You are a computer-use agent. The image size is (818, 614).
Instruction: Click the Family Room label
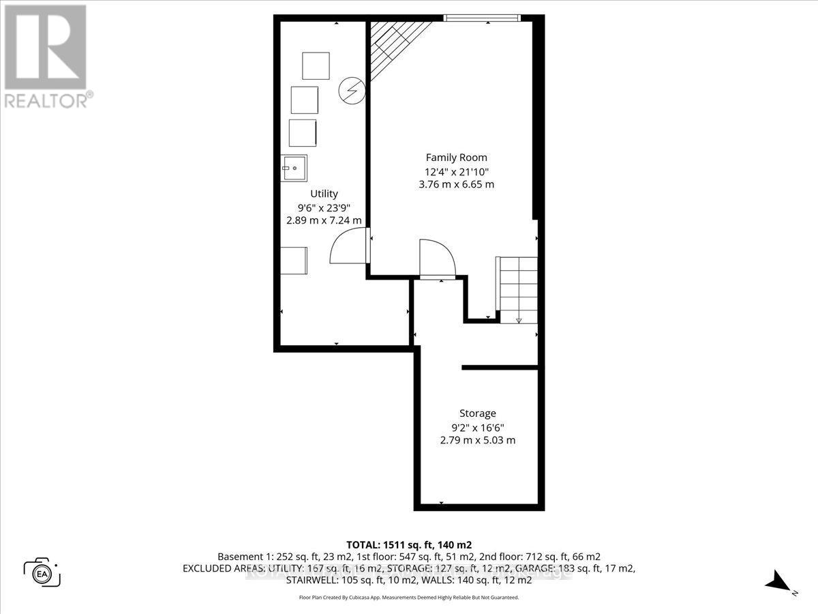pos(456,158)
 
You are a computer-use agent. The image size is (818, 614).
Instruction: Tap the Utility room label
pos(324,194)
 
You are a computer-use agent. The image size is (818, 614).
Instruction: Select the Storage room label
pos(477,413)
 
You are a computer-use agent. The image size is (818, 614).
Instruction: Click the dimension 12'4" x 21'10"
pos(456,171)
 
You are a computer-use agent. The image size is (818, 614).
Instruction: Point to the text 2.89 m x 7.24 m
pos(323,220)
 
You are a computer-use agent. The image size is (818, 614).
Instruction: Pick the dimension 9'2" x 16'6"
pos(477,427)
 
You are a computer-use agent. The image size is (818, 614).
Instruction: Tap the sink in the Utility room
pos(294,168)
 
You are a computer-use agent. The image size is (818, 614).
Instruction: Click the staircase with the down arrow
pos(517,289)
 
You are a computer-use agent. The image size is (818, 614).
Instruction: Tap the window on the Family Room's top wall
pos(483,18)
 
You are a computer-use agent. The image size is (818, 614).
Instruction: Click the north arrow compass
pos(779,584)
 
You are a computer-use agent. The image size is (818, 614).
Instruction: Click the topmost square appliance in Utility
pos(316,66)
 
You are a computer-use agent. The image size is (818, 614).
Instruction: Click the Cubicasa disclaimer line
pos(409,597)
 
